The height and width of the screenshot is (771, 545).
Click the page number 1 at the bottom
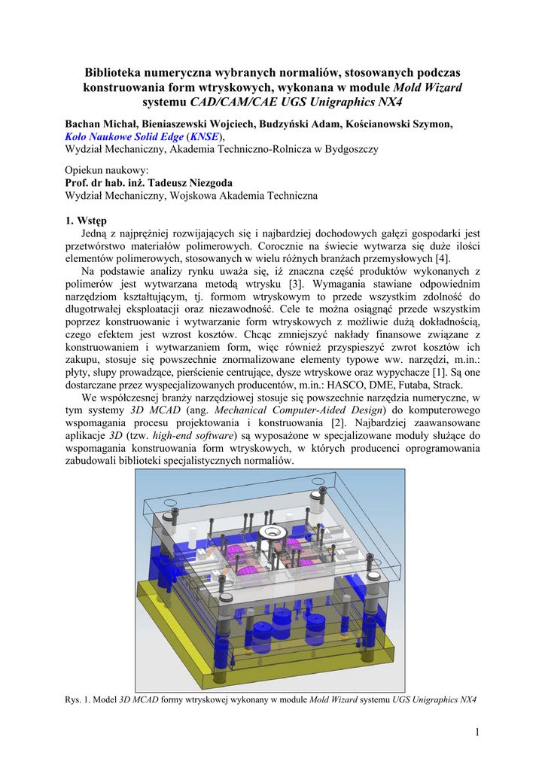477,733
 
